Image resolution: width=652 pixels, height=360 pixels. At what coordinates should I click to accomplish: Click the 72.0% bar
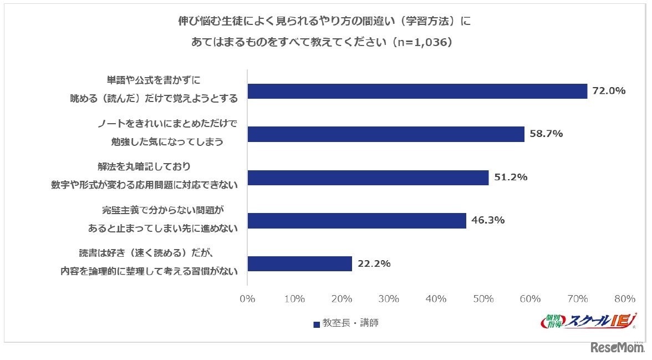(x=417, y=91)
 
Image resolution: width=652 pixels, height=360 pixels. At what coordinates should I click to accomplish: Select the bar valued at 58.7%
(x=385, y=134)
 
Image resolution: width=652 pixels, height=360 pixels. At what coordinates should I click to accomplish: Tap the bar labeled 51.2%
(x=368, y=178)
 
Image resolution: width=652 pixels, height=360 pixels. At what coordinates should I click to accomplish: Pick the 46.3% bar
(x=356, y=221)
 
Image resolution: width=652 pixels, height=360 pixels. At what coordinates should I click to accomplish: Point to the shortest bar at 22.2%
(x=299, y=264)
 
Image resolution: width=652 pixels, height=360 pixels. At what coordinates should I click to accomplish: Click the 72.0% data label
(x=609, y=91)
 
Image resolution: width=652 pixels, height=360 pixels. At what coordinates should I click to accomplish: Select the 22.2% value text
(x=374, y=264)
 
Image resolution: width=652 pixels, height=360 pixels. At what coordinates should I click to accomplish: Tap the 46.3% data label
(x=488, y=221)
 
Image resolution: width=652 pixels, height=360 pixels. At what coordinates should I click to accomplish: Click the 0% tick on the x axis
(x=247, y=299)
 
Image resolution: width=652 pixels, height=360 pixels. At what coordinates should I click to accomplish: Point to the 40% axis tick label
(x=436, y=299)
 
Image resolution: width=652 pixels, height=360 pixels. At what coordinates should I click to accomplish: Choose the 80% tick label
(x=625, y=299)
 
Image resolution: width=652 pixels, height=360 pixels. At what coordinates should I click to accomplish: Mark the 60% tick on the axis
(x=531, y=299)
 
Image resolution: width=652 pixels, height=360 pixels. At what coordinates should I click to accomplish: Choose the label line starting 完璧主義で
(x=165, y=211)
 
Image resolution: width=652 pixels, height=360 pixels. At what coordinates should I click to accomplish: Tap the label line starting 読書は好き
(x=146, y=254)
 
